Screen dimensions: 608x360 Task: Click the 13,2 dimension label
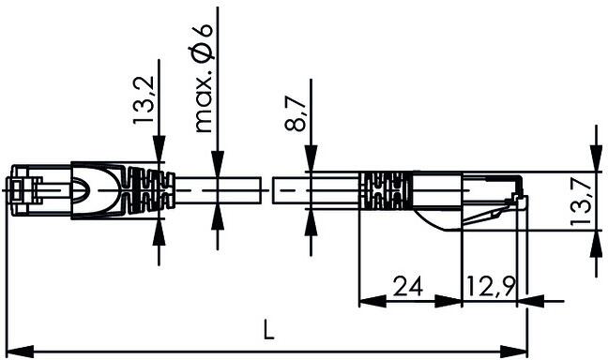coord(144,100)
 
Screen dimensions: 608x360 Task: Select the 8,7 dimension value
coord(296,113)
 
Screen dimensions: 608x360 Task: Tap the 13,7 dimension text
coord(581,199)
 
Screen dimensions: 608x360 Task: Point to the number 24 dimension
coord(408,286)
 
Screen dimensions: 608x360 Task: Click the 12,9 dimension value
coord(491,286)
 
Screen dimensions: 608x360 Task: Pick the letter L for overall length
coord(268,329)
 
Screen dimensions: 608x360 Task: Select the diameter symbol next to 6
coord(203,52)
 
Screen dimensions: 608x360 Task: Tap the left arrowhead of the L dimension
coord(21,352)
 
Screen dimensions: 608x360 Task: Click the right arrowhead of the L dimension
coord(514,352)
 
